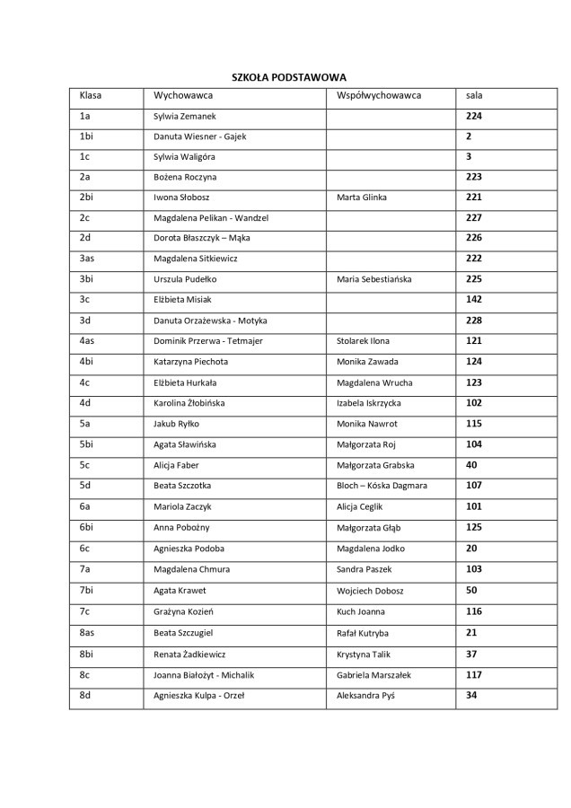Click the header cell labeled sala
coord(474,93)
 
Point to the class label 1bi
coord(86,136)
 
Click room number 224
coord(473,116)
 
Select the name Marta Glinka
coord(363,198)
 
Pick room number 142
coord(473,299)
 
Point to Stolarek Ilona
coord(363,341)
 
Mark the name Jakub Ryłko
coord(179,424)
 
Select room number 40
coord(471,464)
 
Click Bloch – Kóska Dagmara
coord(382,486)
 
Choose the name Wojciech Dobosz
coord(368,589)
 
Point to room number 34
coord(471,694)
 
